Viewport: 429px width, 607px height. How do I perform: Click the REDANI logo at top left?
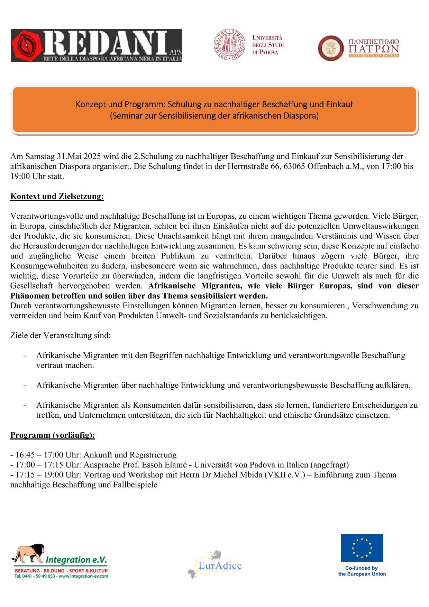[x=96, y=46]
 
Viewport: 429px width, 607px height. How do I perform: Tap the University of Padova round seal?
[x=229, y=45]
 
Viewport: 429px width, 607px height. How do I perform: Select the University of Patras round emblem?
[x=331, y=48]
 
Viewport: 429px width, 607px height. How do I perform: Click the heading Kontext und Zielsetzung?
[x=57, y=197]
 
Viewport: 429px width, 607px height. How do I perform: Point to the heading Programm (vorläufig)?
[x=52, y=435]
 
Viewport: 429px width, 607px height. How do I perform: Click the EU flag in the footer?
[x=362, y=548]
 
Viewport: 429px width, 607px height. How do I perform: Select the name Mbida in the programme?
[x=251, y=475]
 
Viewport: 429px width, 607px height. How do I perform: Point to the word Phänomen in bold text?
[x=30, y=296]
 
